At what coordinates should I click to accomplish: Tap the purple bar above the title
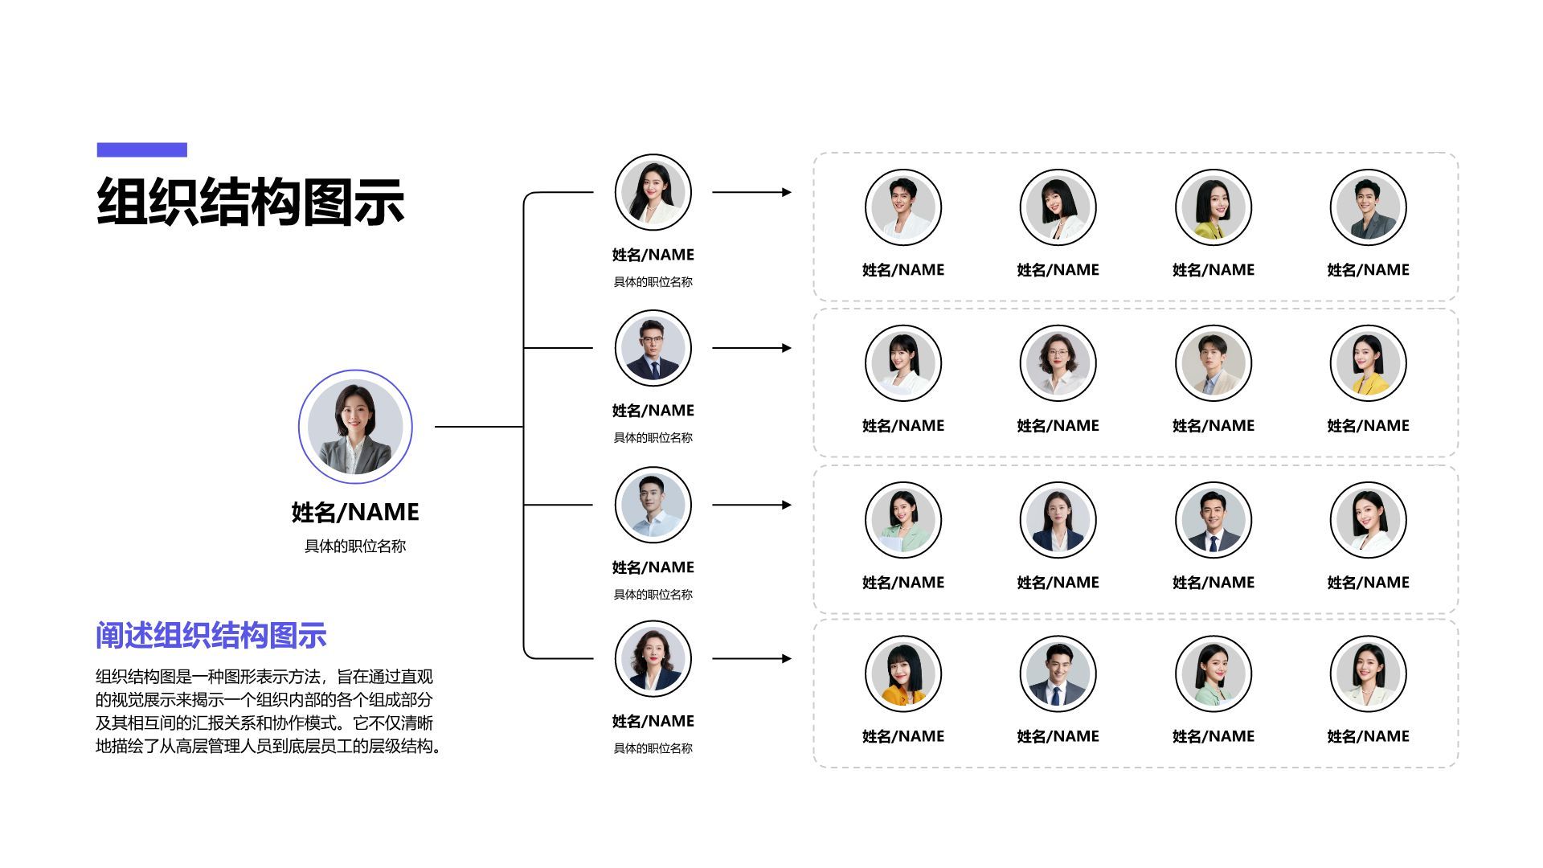(141, 149)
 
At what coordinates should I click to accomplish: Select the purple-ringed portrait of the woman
(355, 427)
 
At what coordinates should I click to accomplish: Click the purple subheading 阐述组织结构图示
(211, 635)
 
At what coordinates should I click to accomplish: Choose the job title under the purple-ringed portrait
(355, 547)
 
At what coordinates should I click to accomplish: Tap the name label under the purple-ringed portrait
(355, 512)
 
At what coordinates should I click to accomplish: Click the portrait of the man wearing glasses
(653, 349)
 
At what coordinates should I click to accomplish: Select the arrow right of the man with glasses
(751, 348)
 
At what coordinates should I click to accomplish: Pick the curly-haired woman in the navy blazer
(653, 659)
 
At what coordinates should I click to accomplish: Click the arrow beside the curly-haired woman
(751, 659)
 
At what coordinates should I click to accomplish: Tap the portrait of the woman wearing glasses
(1058, 363)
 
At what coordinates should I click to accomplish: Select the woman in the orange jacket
(902, 674)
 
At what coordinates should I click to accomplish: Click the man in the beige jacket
(1213, 363)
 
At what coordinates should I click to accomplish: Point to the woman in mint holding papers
(902, 520)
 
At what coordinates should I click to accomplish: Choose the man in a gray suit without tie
(1368, 207)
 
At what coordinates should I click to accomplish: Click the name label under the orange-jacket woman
(902, 736)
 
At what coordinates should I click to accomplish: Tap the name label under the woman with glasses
(1058, 426)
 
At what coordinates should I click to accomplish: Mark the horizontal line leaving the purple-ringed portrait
(478, 427)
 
